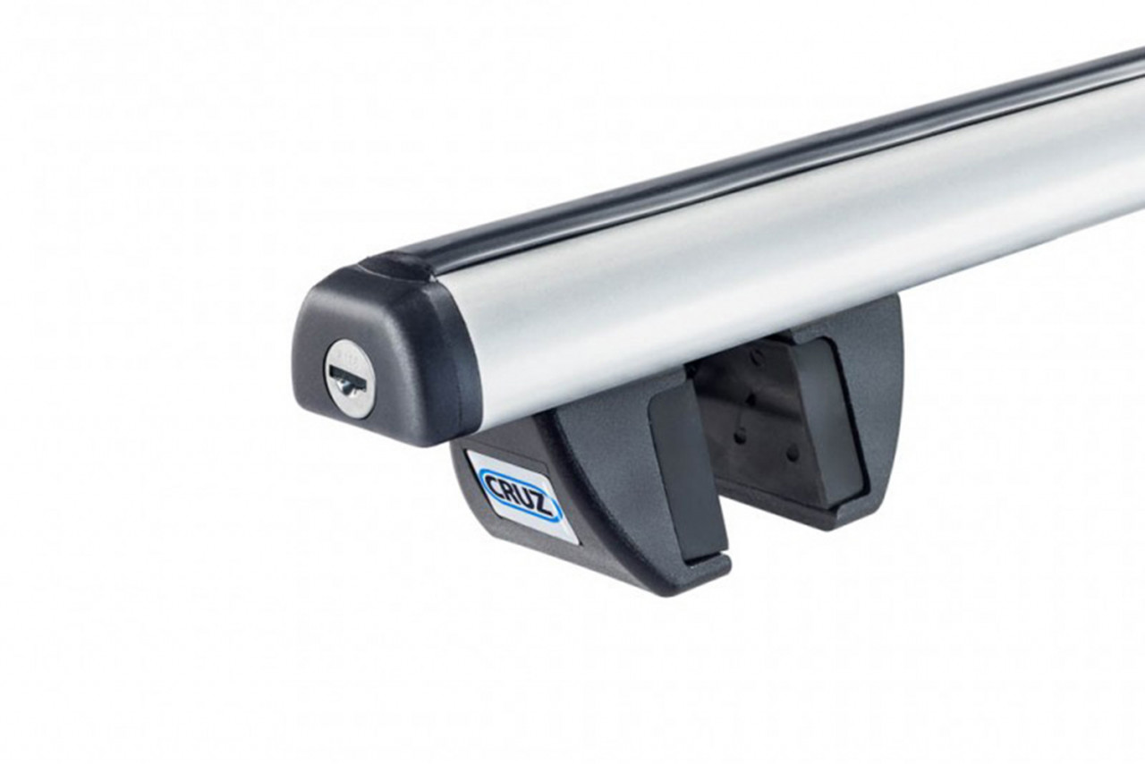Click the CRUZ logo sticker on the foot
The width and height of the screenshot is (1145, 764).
click(x=521, y=492)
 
